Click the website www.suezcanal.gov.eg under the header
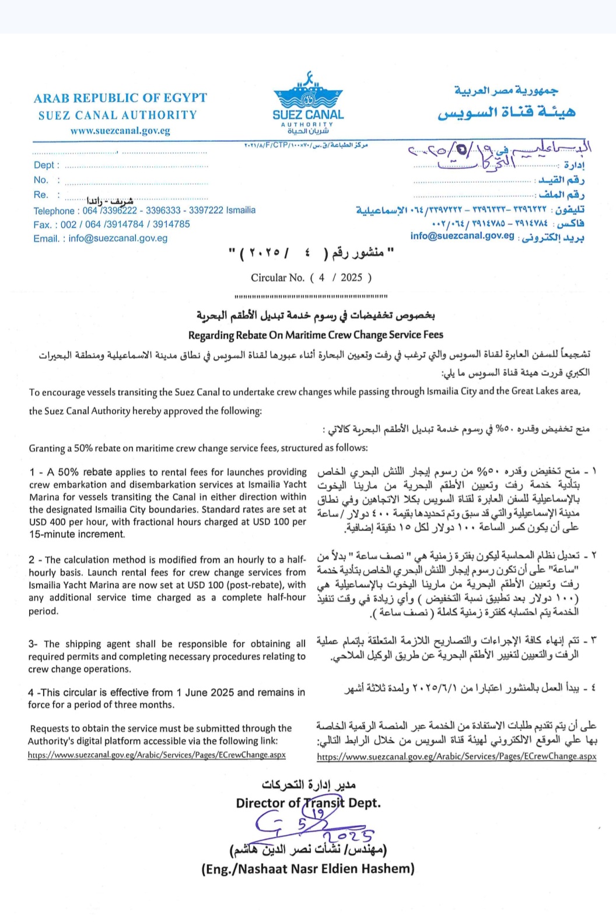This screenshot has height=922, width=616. point(120,131)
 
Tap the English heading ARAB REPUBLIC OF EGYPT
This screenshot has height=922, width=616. point(120,98)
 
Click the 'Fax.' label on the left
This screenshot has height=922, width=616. point(42,225)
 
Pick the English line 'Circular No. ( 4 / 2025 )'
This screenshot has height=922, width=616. point(311,278)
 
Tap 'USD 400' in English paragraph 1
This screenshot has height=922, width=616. point(47,522)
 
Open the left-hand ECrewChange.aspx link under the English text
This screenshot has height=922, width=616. point(157,755)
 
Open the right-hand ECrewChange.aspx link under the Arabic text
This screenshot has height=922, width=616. point(457,756)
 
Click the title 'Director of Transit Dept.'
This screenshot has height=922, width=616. point(308,803)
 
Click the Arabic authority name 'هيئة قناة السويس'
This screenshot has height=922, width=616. point(506,112)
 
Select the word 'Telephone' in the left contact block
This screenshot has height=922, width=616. point(54,211)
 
